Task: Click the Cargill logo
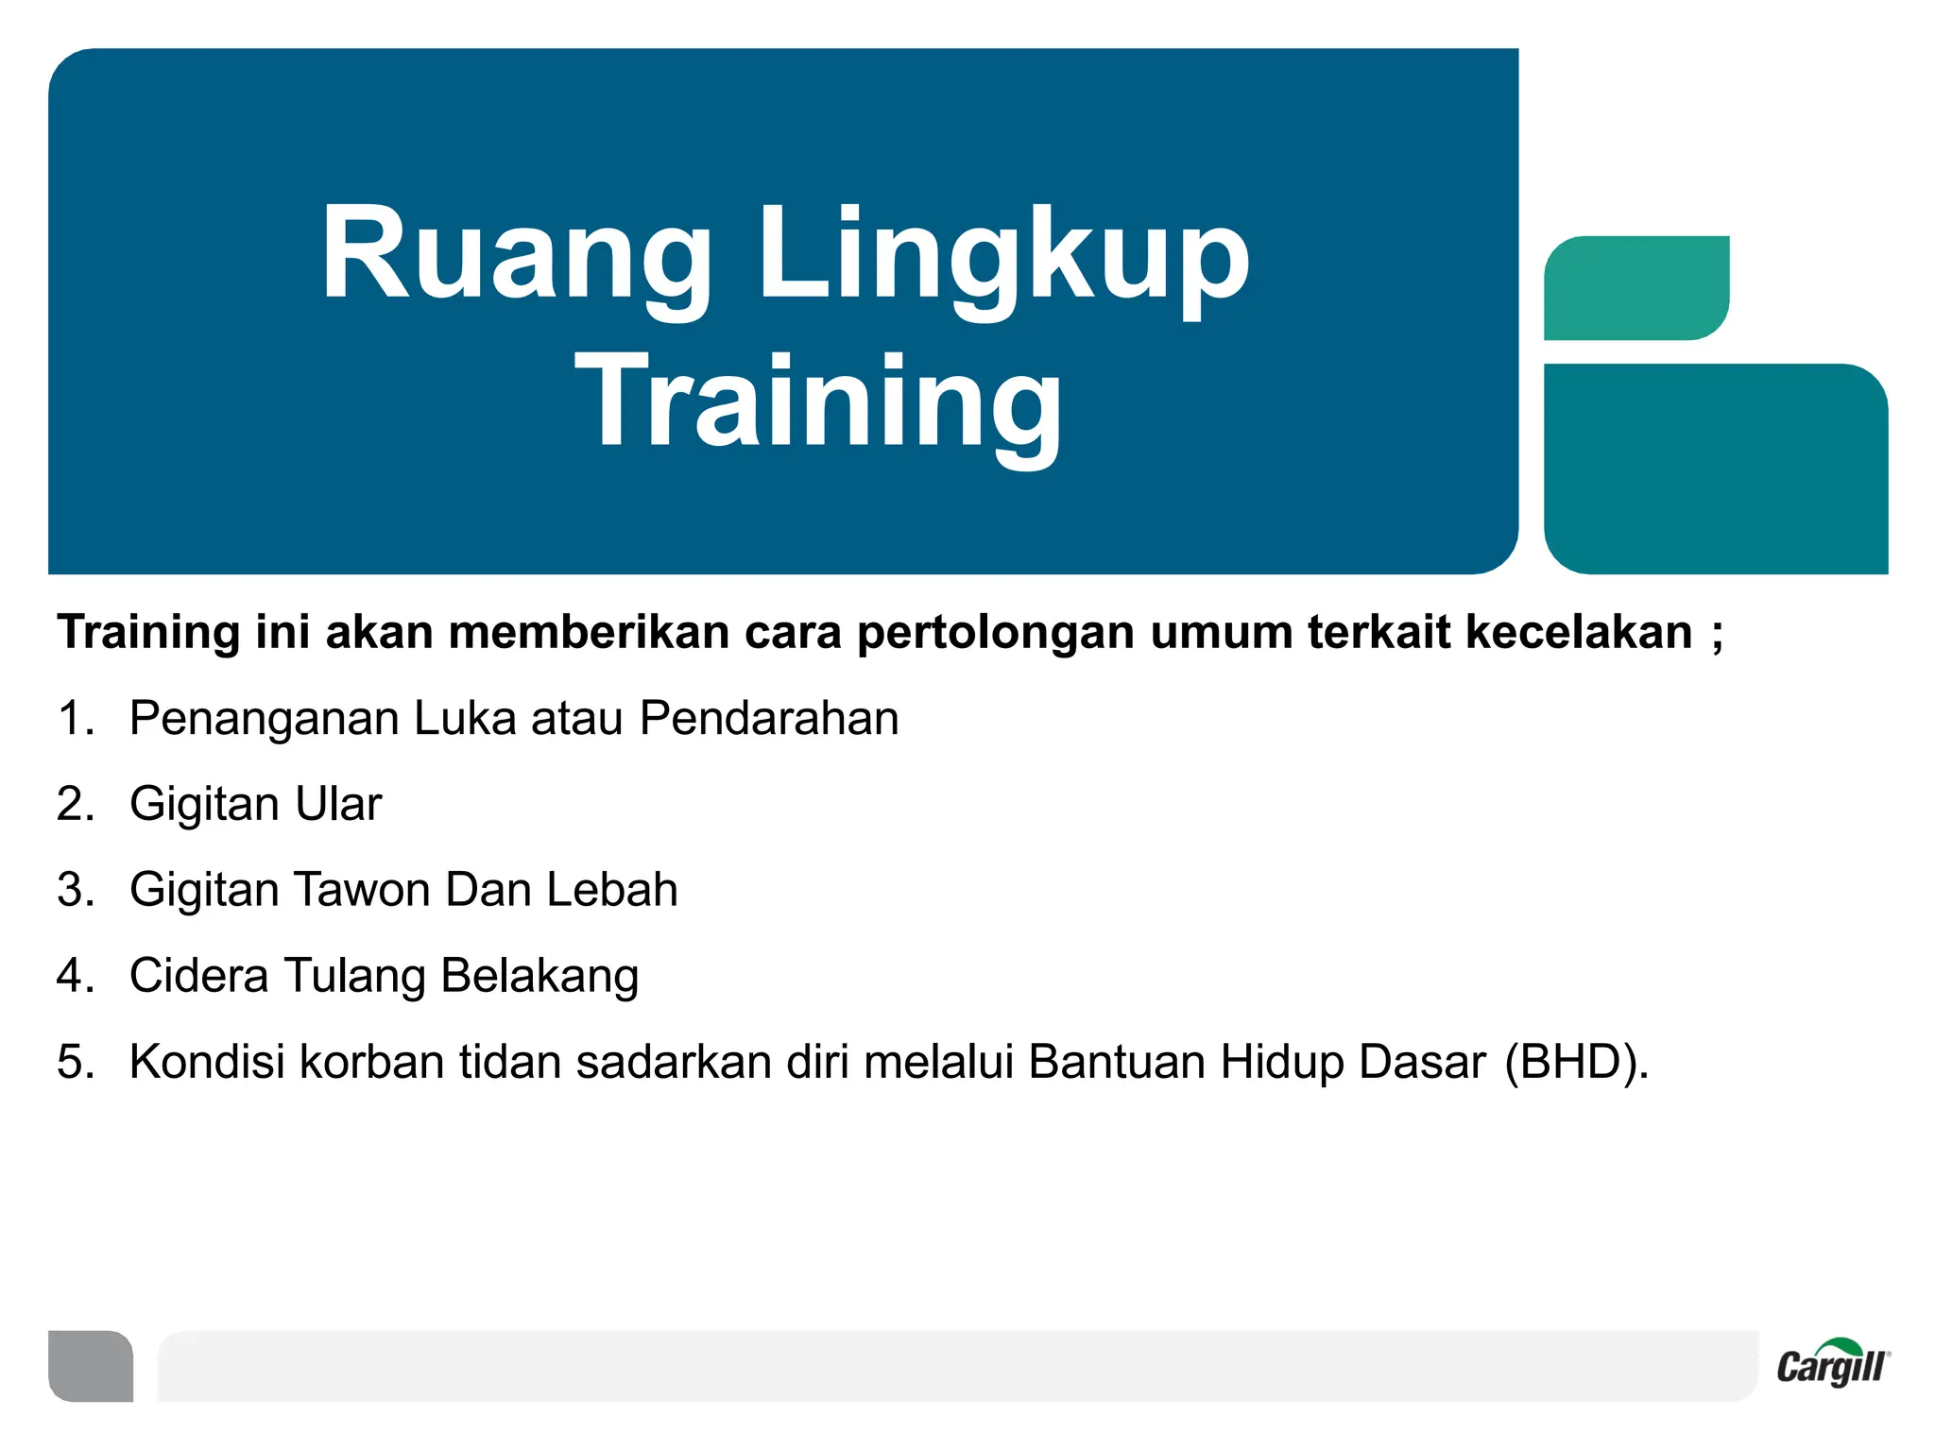(x=1832, y=1364)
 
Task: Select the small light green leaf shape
(x=1635, y=287)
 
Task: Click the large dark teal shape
(x=1715, y=469)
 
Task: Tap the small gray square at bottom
(x=91, y=1365)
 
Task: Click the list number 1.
(x=76, y=718)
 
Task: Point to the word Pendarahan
(x=769, y=718)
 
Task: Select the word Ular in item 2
(x=337, y=804)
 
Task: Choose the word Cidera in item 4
(x=198, y=976)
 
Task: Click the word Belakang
(x=539, y=978)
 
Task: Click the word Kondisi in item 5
(x=207, y=1062)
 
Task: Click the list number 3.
(x=76, y=890)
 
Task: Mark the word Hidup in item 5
(x=1281, y=1063)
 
